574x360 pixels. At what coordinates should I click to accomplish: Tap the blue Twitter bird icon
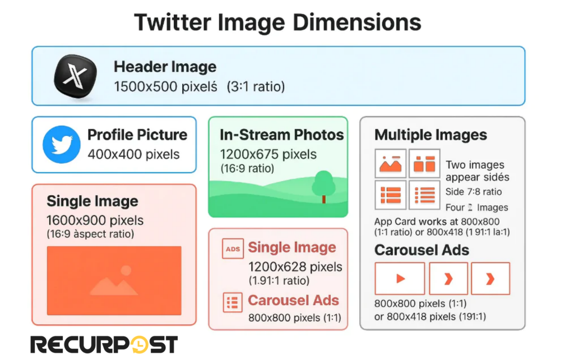[x=62, y=144]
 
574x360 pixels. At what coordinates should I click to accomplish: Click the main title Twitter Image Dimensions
[x=277, y=23]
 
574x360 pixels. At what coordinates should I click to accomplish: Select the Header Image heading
[x=165, y=67]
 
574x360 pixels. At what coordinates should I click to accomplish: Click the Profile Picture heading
[x=137, y=135]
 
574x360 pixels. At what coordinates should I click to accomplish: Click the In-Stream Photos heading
[x=281, y=135]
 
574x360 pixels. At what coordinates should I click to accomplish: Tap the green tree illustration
[x=323, y=186]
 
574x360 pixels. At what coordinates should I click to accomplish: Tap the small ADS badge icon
[x=232, y=248]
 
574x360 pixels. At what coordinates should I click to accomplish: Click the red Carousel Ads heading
[x=293, y=300]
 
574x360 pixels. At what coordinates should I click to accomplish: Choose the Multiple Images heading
[x=430, y=135]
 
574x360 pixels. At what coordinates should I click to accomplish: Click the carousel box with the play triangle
[x=400, y=278]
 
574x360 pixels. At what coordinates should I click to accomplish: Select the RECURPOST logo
[x=104, y=344]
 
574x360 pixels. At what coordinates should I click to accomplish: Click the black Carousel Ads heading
[x=422, y=250]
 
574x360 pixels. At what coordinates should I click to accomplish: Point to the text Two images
[x=475, y=165]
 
